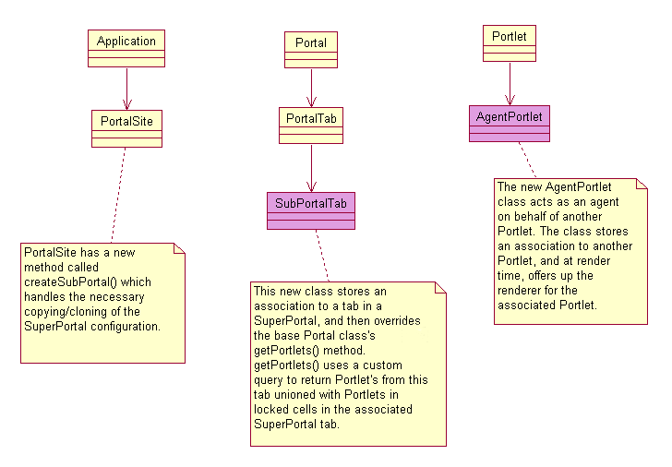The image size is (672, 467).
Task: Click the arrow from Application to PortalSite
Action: [126, 88]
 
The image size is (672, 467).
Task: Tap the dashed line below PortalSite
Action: [118, 194]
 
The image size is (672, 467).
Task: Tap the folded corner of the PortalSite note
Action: [179, 249]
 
